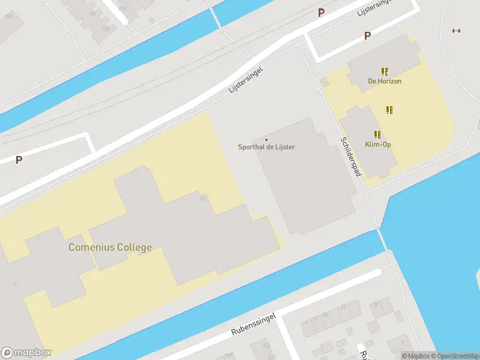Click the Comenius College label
pyautogui.click(x=110, y=247)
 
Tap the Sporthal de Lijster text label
pyautogui.click(x=266, y=147)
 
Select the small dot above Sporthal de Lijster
pyautogui.click(x=266, y=140)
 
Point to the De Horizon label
pyautogui.click(x=385, y=81)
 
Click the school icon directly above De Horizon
pyautogui.click(x=385, y=71)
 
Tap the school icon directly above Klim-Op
pyautogui.click(x=377, y=134)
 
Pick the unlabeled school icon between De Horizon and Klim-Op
pyautogui.click(x=389, y=110)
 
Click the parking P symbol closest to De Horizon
pyautogui.click(x=367, y=36)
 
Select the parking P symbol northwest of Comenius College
pyautogui.click(x=19, y=160)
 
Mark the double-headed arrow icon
pyautogui.click(x=456, y=31)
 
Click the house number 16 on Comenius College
pyautogui.click(x=203, y=199)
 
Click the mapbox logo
pyautogui.click(x=26, y=352)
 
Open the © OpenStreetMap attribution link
pyautogui.click(x=454, y=356)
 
